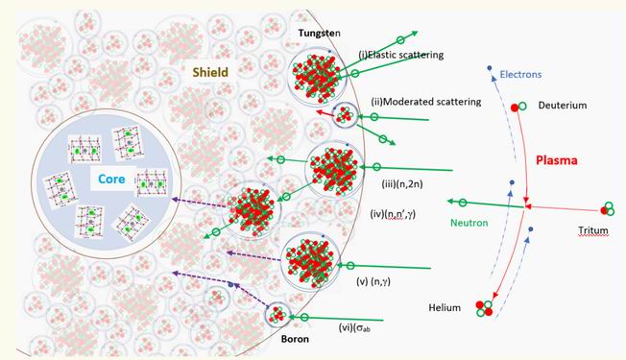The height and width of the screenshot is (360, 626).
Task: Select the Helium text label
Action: (x=447, y=307)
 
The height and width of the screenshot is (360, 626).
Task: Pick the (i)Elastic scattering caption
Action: (x=400, y=55)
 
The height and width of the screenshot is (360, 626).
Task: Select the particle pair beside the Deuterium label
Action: (x=519, y=105)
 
